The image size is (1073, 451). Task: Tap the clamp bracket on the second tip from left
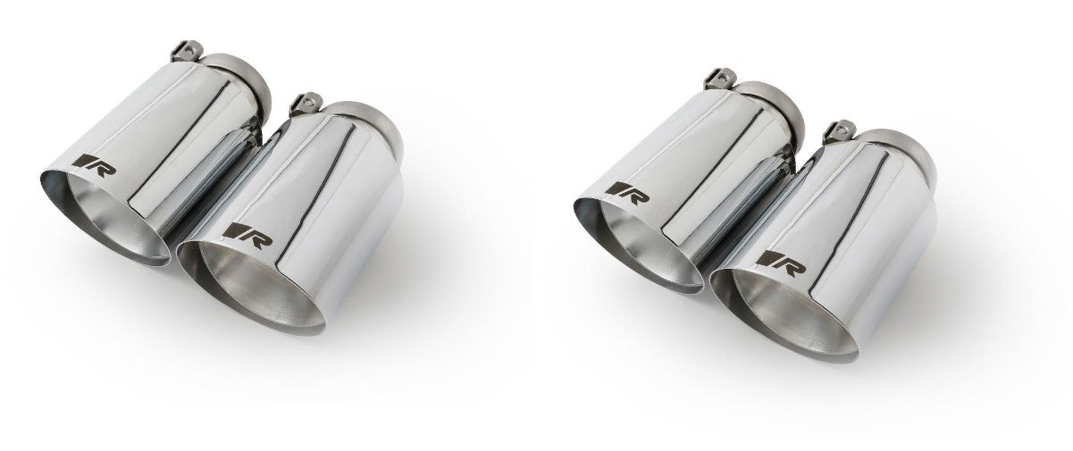[x=308, y=105]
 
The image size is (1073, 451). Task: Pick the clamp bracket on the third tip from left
[x=719, y=79]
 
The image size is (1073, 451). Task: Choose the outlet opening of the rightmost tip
[x=786, y=313]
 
